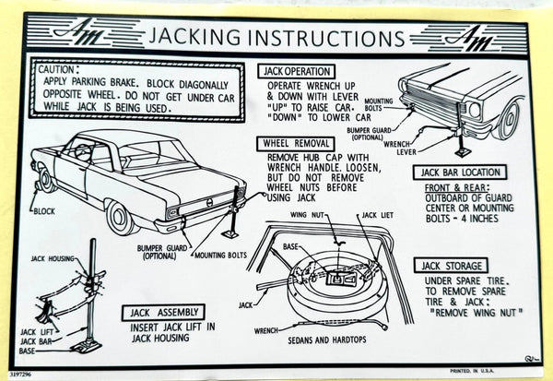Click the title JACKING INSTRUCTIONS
(275, 39)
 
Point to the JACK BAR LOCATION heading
(461, 173)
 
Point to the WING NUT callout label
(306, 215)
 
